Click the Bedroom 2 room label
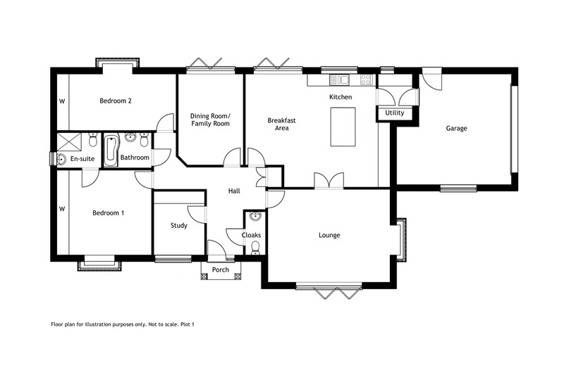[116, 101]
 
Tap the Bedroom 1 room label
[108, 212]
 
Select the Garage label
[456, 128]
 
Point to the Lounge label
[329, 235]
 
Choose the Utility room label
[394, 113]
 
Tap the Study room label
[178, 226]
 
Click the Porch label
[221, 269]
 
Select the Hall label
[235, 191]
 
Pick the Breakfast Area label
[281, 124]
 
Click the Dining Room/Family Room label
[211, 120]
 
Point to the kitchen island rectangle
[343, 127]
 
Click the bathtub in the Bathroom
[110, 151]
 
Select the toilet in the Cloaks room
[255, 247]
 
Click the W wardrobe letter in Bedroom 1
[62, 209]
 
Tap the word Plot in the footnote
[186, 324]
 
